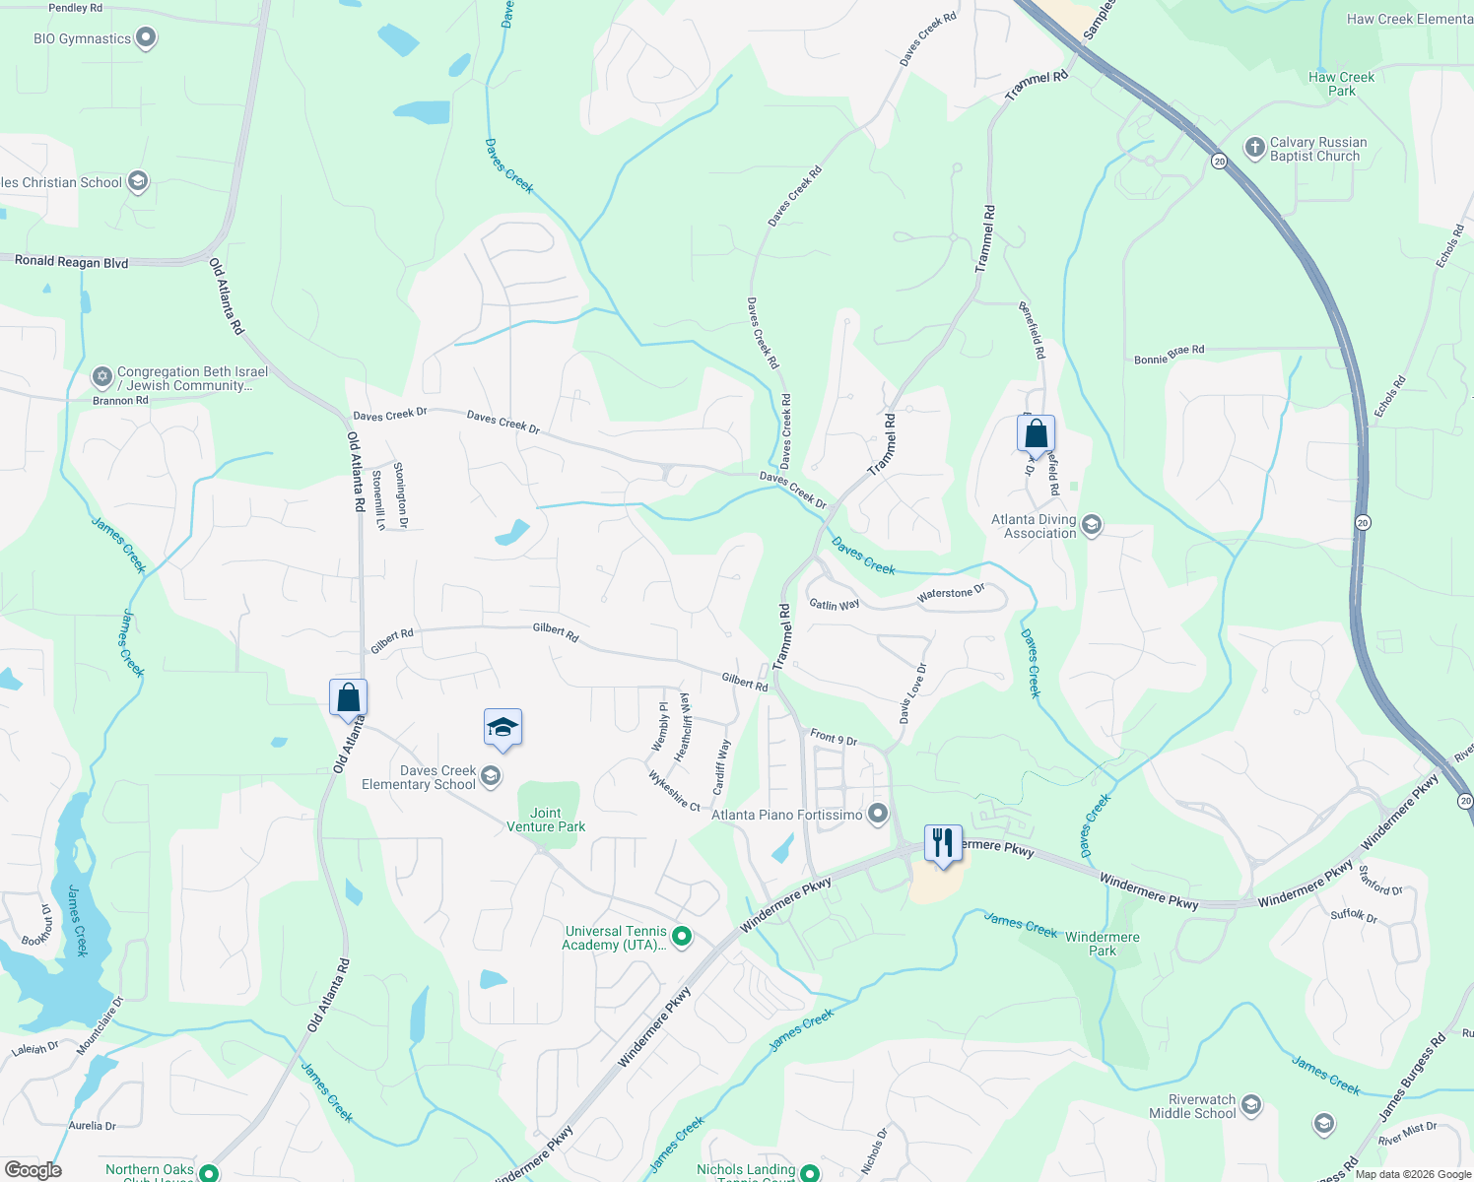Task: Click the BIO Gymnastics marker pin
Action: tap(146, 38)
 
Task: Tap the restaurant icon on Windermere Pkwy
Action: tap(943, 843)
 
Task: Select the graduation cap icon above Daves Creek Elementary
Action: tap(502, 729)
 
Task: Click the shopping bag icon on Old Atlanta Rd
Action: tap(348, 697)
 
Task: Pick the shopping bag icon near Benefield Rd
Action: tap(1036, 433)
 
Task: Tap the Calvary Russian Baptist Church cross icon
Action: tap(1254, 148)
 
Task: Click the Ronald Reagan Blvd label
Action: tap(71, 261)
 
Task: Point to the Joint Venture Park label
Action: tap(546, 820)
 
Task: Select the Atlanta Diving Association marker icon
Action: tap(1092, 524)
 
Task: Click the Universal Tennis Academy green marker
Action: tap(682, 936)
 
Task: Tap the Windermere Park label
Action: tap(1103, 944)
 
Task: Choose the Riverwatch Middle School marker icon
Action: tap(1251, 1104)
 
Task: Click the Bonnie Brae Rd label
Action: tap(1169, 355)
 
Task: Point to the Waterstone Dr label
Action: tap(951, 594)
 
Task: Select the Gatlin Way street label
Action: tap(834, 604)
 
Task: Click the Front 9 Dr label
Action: tap(834, 737)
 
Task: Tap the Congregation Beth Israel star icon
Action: tap(101, 376)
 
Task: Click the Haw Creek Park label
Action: tap(1341, 84)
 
